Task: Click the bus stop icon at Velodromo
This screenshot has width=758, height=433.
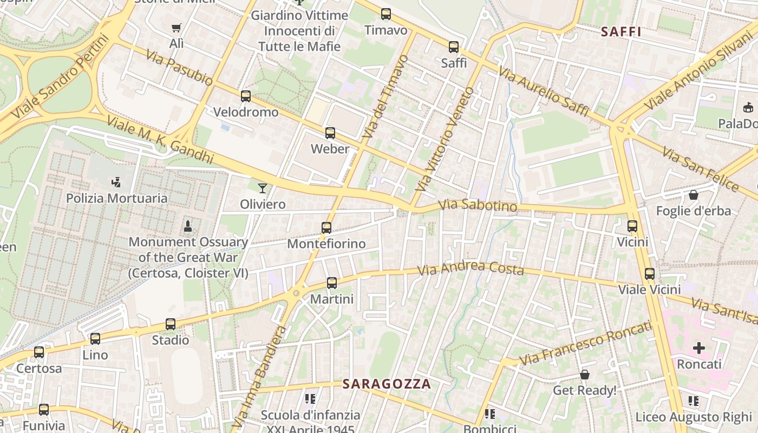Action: [246, 96]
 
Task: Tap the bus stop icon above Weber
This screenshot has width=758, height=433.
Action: [330, 133]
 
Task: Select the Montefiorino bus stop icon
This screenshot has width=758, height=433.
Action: [326, 228]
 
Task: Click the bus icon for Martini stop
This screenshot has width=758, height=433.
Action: [332, 283]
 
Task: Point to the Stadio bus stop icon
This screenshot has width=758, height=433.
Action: [171, 324]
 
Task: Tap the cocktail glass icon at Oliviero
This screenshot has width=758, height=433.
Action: [263, 188]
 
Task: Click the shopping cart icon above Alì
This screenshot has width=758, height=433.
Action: [176, 28]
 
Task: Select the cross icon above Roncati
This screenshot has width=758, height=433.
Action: [699, 348]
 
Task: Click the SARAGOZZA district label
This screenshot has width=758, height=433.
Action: [387, 384]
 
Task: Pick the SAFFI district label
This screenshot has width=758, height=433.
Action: [621, 32]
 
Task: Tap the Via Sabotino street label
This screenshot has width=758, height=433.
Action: [478, 206]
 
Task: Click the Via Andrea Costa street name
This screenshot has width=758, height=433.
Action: [471, 268]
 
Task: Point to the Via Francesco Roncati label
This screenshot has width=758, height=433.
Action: [585, 343]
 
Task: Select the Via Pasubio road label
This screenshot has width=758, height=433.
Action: [179, 69]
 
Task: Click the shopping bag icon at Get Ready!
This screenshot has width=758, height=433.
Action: [585, 375]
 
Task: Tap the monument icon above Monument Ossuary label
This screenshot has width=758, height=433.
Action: [188, 226]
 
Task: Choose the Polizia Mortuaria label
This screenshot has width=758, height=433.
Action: [117, 198]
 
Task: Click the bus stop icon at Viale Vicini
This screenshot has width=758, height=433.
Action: [650, 274]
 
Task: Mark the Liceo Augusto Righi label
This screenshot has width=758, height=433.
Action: [694, 417]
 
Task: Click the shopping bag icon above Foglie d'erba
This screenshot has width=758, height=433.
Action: [694, 195]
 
